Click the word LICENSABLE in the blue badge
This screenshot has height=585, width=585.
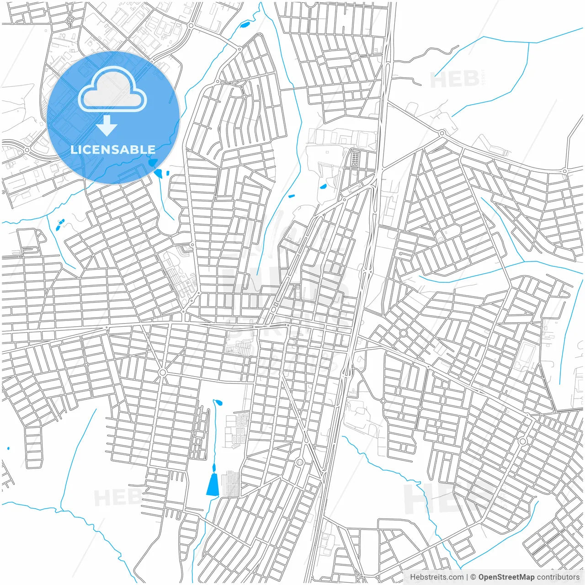(113, 149)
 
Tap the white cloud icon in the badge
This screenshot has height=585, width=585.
(112, 90)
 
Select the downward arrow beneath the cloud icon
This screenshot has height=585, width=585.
(107, 126)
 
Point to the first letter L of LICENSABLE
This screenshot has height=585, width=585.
(74, 149)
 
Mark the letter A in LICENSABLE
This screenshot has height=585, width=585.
(123, 149)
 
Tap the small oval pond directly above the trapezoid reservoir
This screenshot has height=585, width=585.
(214, 467)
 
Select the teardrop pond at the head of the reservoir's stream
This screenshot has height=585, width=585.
(218, 403)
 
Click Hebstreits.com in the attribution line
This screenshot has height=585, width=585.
(436, 577)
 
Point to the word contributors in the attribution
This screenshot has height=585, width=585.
(558, 577)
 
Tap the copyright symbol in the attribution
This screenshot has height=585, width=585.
(473, 577)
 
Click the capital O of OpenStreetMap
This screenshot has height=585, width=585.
(482, 577)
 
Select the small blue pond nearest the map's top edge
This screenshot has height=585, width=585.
(245, 25)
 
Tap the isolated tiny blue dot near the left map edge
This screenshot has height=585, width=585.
(8, 448)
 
